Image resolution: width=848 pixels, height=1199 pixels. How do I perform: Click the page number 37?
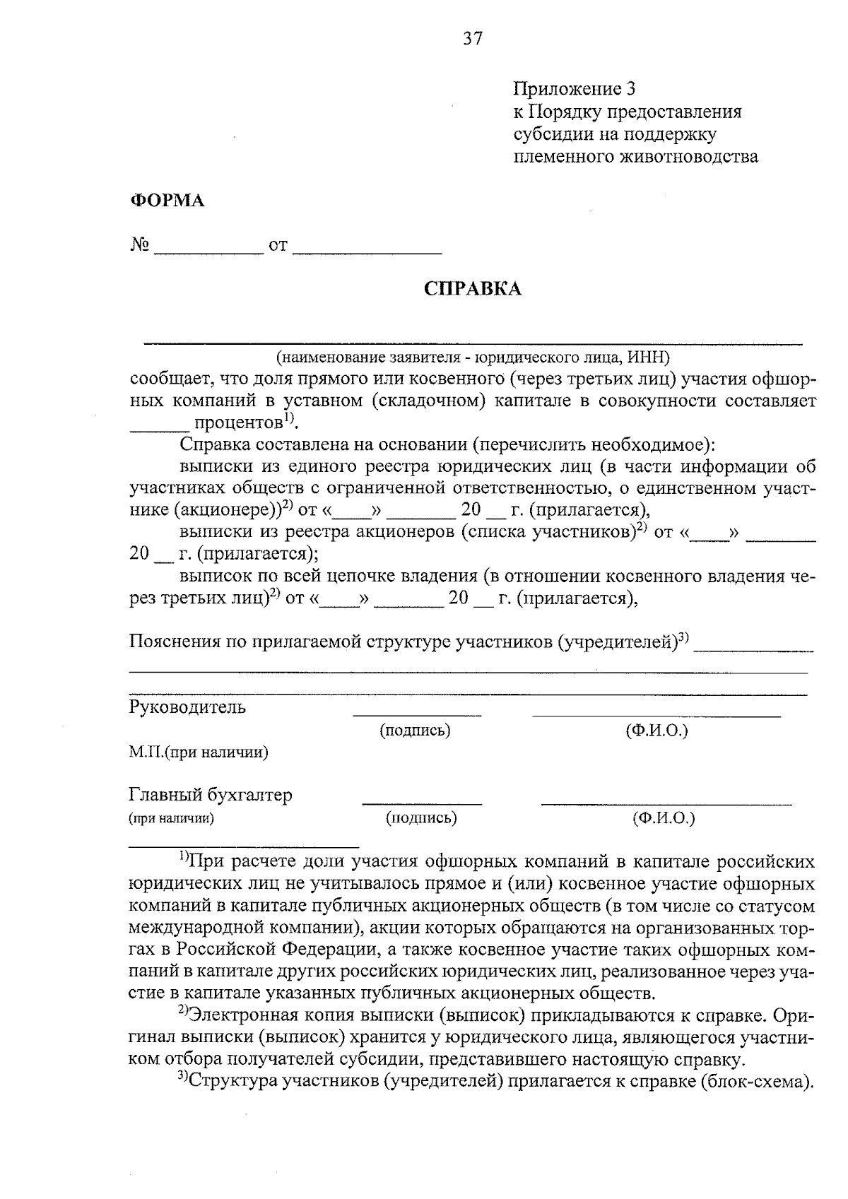(x=473, y=38)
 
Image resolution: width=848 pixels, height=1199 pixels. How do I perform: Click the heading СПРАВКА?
(x=472, y=288)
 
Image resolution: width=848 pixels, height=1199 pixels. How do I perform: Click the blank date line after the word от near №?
(x=367, y=249)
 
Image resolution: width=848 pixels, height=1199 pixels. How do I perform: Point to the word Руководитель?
(x=187, y=707)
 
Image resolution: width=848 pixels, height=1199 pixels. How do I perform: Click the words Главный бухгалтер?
(x=210, y=795)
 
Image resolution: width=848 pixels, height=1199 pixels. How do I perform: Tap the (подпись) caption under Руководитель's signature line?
(x=415, y=731)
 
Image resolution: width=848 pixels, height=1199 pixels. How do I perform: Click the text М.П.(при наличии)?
(x=199, y=752)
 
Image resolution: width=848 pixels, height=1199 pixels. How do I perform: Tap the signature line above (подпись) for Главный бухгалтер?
(x=422, y=803)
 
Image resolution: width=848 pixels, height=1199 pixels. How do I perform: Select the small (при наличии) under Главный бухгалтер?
(x=171, y=819)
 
